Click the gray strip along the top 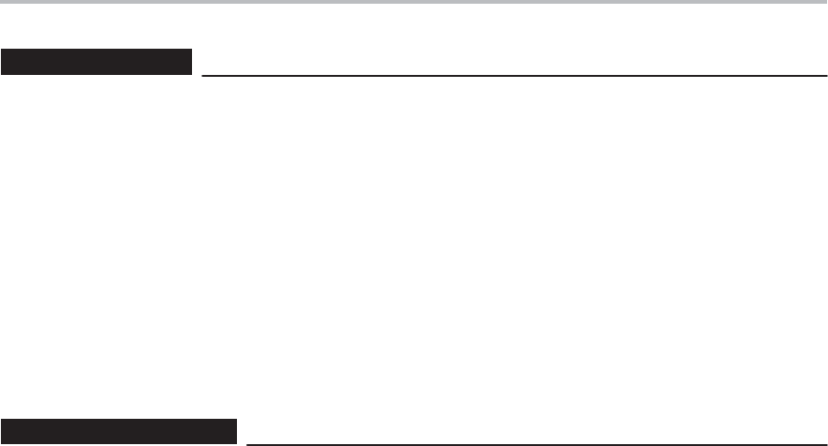pos(414,2)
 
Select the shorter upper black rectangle pos(96,63)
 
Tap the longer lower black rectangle pos(118,431)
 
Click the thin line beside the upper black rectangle pos(514,75)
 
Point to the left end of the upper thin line pos(202,75)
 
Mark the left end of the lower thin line pos(245,443)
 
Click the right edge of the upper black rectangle pos(192,63)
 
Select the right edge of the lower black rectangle pos(236,431)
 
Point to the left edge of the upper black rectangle pos(1,63)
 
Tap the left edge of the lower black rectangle pos(1,431)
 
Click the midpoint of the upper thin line pos(514,75)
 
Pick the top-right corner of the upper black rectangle pos(192,52)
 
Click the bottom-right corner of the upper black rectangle pos(192,74)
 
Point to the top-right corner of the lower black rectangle pos(236,420)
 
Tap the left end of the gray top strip pos(2,2)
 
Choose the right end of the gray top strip pos(825,2)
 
